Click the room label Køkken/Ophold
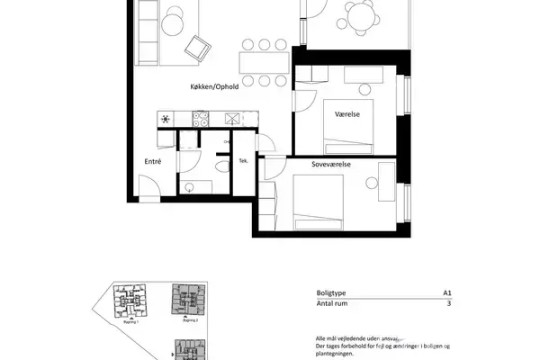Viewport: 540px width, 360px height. click(214, 86)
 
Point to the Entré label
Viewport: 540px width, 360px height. click(153, 161)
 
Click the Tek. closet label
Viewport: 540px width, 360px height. click(243, 162)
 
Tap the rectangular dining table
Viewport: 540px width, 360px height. click(263, 62)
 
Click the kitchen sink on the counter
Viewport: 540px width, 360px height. click(232, 118)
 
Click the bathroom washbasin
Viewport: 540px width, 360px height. click(189, 185)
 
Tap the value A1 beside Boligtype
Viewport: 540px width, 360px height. click(446, 293)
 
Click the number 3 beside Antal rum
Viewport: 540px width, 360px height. click(448, 305)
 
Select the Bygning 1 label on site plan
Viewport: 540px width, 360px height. click(130, 320)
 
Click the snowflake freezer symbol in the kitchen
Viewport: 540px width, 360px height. click(166, 118)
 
